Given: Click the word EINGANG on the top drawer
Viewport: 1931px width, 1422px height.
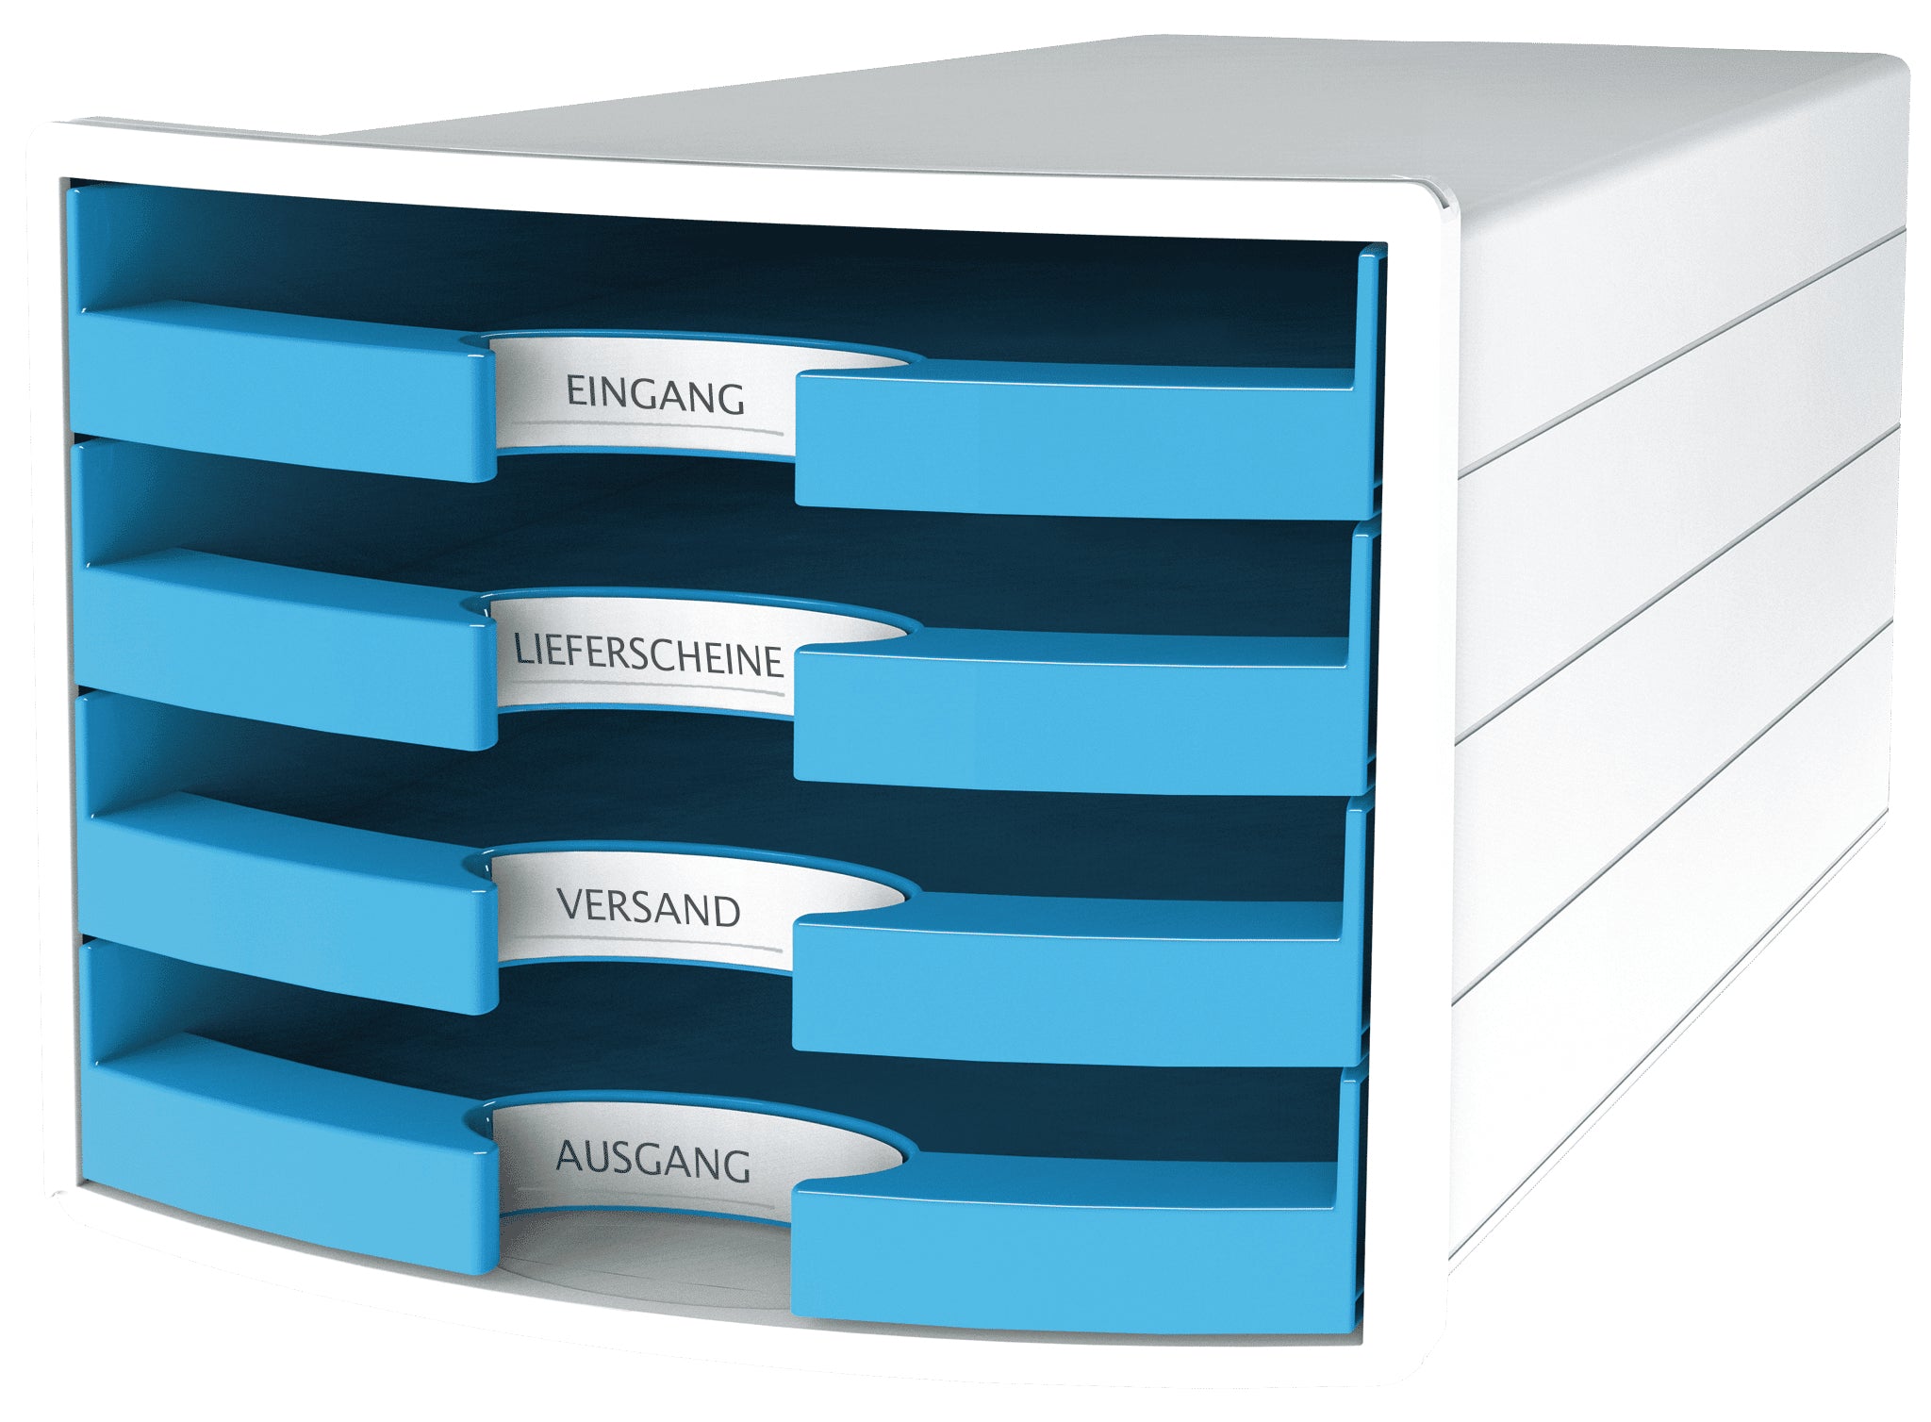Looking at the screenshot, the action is point(655,395).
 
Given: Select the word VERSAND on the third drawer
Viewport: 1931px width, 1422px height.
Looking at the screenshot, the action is point(649,907).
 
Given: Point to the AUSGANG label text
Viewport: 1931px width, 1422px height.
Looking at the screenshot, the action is point(653,1160).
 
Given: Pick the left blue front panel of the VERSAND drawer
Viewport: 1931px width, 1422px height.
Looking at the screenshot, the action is point(287,905).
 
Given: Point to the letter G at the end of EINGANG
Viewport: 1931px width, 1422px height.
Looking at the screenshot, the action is point(729,400).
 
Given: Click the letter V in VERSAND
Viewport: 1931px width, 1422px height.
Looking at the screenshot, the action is point(572,903).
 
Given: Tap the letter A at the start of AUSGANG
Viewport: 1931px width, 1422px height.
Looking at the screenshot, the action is point(570,1155).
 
